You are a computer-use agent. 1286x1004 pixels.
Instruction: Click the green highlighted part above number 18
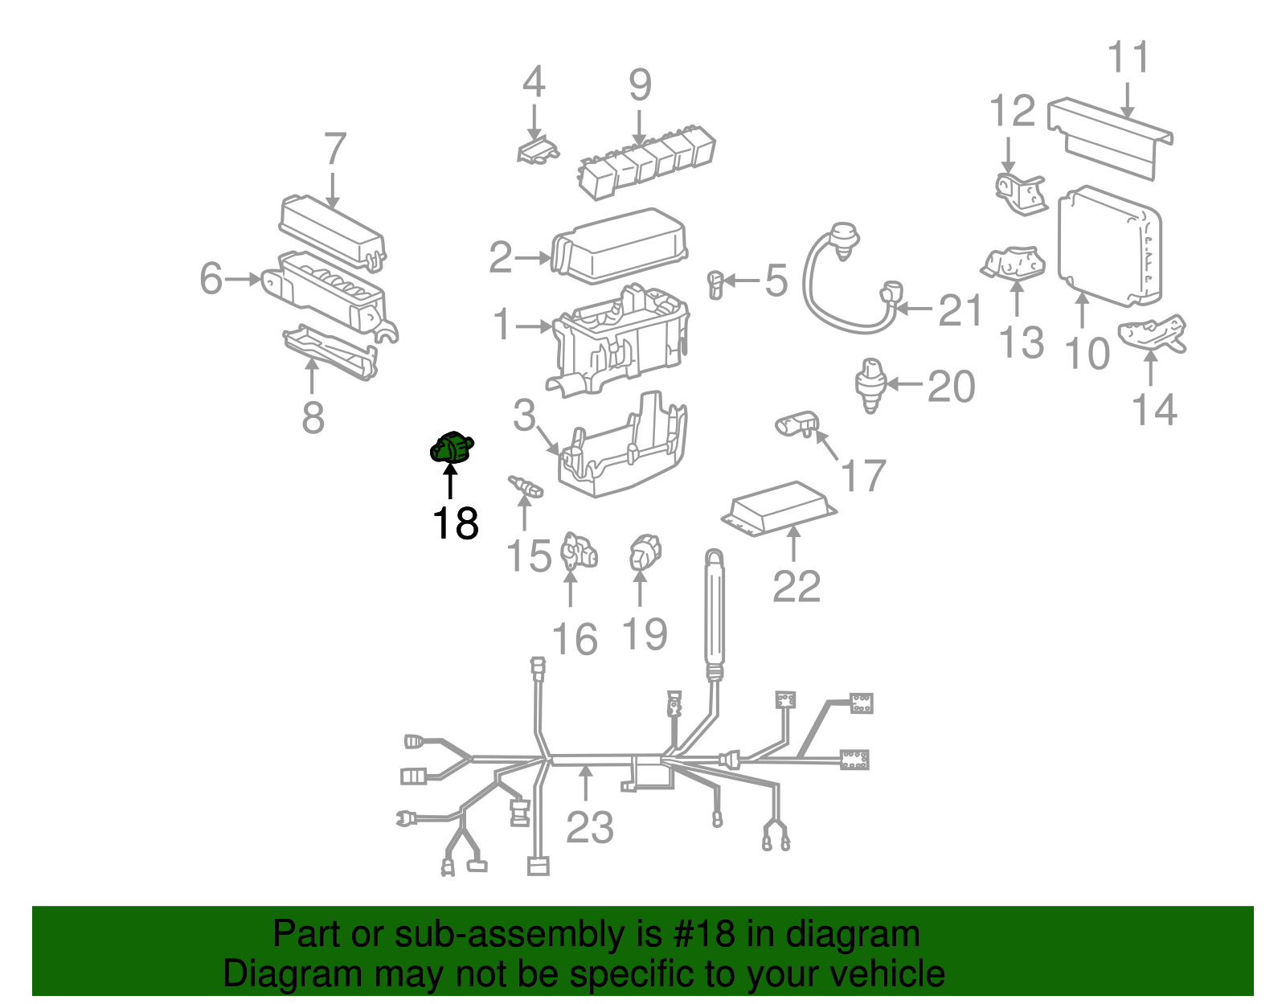click(452, 448)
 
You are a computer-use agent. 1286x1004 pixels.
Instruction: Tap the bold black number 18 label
click(455, 523)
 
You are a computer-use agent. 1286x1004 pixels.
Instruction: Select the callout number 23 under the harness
click(589, 827)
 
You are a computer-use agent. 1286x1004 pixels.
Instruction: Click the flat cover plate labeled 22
click(778, 509)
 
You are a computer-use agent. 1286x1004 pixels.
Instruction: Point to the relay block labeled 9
click(647, 158)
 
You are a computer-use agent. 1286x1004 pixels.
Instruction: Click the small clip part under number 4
click(536, 150)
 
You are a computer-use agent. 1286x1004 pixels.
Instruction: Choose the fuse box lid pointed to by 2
click(619, 245)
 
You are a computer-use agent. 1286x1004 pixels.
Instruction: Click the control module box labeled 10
click(1108, 246)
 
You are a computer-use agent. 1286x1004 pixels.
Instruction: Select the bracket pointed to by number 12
click(1018, 193)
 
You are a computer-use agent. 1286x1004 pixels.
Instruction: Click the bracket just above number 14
click(1153, 334)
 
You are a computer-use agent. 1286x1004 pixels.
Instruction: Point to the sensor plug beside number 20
click(870, 384)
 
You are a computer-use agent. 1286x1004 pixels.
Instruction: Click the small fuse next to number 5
click(715, 284)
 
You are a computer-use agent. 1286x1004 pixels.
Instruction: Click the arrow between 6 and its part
click(243, 279)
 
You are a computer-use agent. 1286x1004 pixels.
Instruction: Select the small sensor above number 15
click(525, 486)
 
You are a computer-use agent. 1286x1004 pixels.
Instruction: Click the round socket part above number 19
click(644, 553)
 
